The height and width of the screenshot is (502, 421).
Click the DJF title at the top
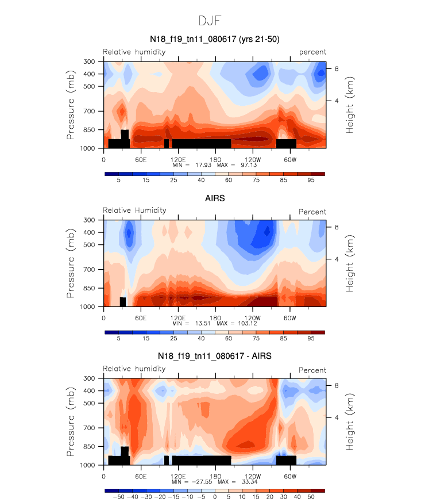click(x=210, y=21)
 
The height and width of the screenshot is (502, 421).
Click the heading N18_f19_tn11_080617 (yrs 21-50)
click(x=214, y=39)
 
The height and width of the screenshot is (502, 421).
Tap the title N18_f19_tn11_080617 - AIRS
click(x=214, y=357)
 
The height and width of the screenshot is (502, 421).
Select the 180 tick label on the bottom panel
click(x=215, y=476)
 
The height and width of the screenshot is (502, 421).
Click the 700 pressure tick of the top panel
click(x=89, y=111)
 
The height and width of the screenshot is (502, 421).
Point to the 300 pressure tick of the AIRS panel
click(x=89, y=220)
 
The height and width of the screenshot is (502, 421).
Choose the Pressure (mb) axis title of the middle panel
click(x=71, y=262)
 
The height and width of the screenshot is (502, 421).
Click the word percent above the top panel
click(x=312, y=52)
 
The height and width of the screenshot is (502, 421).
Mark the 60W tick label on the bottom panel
click(x=289, y=476)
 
